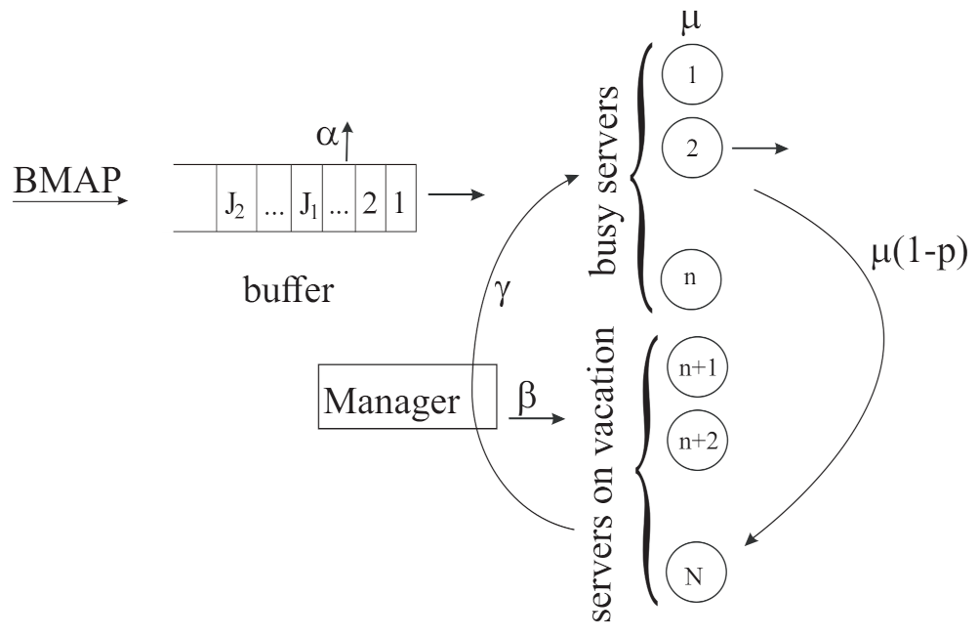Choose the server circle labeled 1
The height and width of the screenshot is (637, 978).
tap(691, 75)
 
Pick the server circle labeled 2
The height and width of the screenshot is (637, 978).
tap(691, 149)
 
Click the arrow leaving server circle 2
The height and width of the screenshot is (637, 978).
tap(757, 149)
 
